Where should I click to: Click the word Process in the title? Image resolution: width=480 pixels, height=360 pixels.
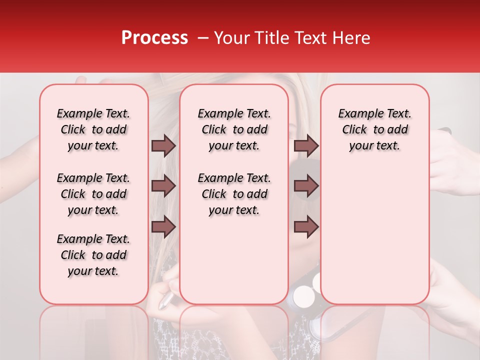point(154,38)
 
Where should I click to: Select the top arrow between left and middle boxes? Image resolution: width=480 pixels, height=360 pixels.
point(163,145)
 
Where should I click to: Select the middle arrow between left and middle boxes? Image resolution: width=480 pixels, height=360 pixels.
point(163,186)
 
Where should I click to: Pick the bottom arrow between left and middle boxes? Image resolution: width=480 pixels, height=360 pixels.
point(163,226)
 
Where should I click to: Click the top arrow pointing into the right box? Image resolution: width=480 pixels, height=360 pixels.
point(306,145)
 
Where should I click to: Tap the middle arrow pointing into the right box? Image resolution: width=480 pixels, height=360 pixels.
point(306,186)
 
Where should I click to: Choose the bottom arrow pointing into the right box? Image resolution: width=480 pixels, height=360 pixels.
point(306,226)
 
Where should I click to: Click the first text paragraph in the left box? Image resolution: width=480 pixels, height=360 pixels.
point(93,129)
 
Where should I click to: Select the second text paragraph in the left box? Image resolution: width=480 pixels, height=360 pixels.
point(93,194)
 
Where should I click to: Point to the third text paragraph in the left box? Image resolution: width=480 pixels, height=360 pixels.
point(93,255)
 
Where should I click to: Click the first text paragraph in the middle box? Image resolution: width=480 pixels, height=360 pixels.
point(234,129)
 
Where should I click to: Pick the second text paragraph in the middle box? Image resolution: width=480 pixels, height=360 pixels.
point(234,194)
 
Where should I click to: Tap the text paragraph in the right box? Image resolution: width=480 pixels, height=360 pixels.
point(374,129)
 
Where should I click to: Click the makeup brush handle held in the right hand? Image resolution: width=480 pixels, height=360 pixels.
point(444,132)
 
